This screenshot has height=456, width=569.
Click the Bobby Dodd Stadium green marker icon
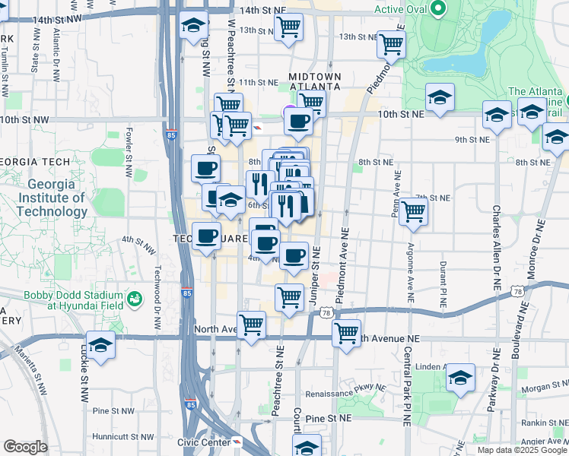click(x=135, y=299)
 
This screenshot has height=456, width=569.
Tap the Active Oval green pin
click(x=437, y=10)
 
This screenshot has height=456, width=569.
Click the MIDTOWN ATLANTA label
click(x=314, y=81)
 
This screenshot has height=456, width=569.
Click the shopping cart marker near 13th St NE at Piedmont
click(x=391, y=43)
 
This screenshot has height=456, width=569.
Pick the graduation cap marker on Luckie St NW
click(x=100, y=344)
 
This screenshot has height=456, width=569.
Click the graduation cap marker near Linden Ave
click(x=460, y=377)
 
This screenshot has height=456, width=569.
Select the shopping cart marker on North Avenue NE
click(x=346, y=331)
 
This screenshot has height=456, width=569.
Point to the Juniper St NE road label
click(x=315, y=277)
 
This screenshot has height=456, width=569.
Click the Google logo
click(x=25, y=447)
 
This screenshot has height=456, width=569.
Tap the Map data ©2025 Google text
click(x=520, y=450)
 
